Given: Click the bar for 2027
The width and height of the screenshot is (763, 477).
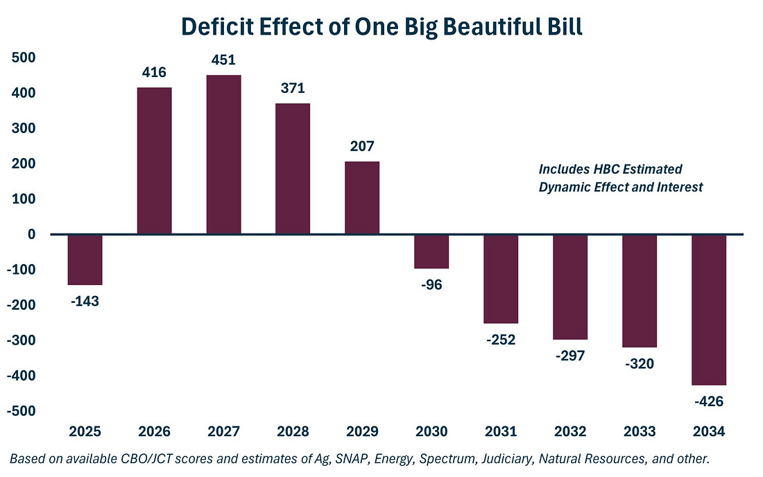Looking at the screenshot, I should click(223, 155).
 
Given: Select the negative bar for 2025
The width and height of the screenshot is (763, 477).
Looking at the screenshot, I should click(85, 259).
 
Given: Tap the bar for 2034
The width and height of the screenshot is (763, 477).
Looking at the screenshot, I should click(708, 309).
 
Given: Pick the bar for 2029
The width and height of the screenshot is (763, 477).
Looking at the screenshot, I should click(362, 198).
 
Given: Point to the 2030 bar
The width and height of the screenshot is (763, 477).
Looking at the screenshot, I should click(431, 251).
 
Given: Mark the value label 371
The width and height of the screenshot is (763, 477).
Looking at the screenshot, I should click(293, 88).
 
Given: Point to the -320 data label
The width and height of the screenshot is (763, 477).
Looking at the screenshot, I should click(639, 363).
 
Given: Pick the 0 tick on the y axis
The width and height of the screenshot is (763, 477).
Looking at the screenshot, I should click(32, 234).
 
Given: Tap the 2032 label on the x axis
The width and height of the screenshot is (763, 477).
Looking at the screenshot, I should click(570, 431).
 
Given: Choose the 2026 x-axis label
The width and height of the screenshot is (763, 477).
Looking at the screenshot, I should click(154, 431).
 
